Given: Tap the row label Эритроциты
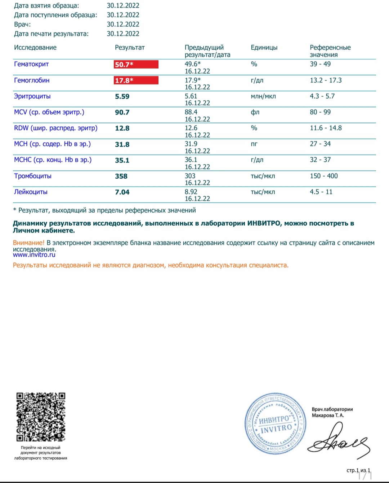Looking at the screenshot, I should (x=32, y=96).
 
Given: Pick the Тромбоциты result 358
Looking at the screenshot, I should (x=121, y=176).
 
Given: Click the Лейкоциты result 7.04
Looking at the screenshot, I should (x=122, y=192).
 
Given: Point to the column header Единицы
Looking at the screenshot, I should (x=264, y=48).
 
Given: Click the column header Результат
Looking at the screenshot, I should (x=130, y=48).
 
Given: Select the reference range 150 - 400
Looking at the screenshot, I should (x=324, y=176).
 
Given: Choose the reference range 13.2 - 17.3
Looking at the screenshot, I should (x=326, y=80).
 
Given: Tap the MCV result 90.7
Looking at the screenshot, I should (x=122, y=112).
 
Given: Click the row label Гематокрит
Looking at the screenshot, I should (x=31, y=64).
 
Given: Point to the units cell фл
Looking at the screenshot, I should (x=255, y=112).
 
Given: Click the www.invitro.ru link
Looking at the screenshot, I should (x=34, y=255).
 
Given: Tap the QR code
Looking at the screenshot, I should (x=41, y=417).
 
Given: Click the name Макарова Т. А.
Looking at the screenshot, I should (x=328, y=415).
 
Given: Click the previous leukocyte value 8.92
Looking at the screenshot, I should (x=191, y=192).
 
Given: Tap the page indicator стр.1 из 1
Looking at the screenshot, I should (x=358, y=470).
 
